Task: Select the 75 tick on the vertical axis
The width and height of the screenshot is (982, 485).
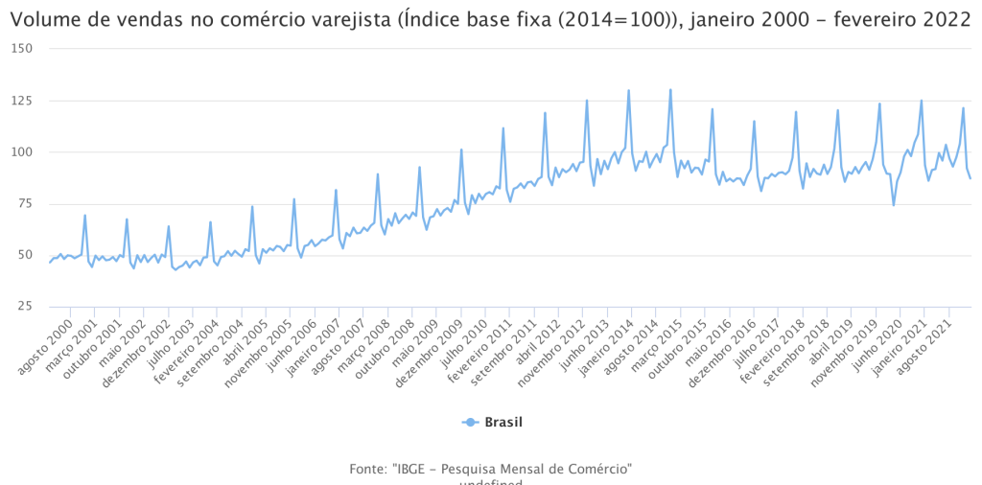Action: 23,203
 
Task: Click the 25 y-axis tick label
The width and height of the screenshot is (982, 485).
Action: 23,306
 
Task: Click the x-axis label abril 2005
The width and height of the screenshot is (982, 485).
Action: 246,338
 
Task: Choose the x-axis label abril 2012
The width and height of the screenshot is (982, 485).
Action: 539,338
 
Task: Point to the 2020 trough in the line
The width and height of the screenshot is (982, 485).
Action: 894,205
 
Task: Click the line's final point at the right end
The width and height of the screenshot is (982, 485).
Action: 970,178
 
